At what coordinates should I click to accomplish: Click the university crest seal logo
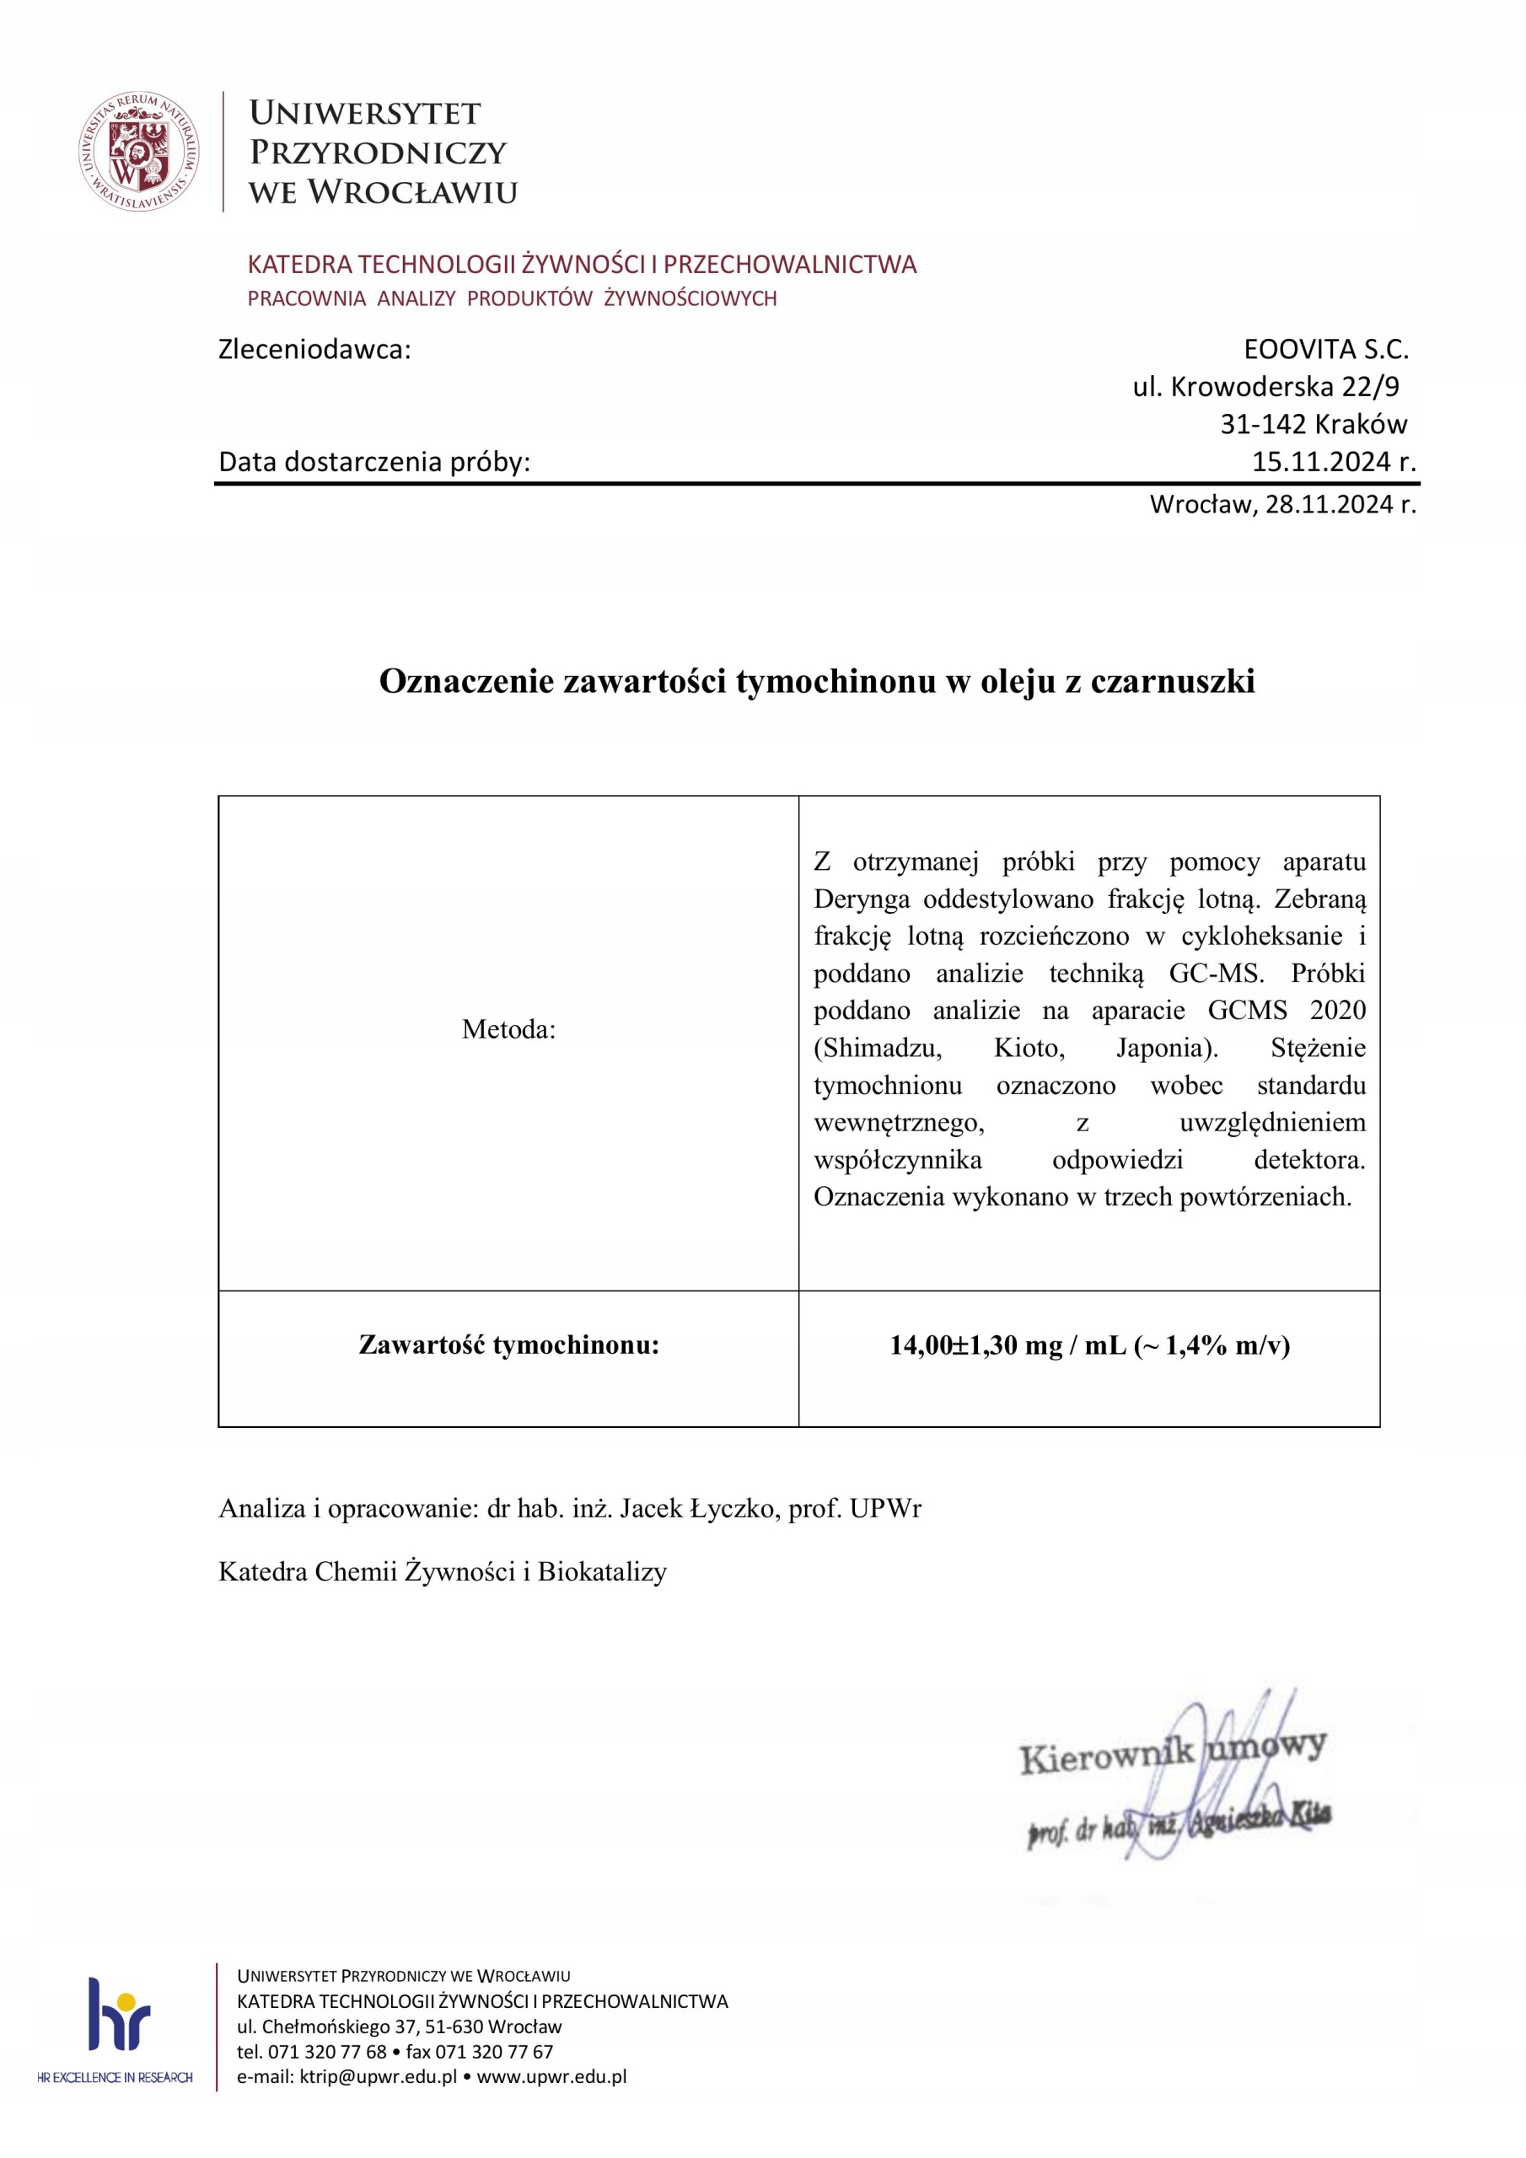139,152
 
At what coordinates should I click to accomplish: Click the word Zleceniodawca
314,350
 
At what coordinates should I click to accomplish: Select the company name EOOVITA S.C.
1325,350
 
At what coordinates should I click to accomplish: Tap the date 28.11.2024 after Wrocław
1330,505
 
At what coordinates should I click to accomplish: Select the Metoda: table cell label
508,1029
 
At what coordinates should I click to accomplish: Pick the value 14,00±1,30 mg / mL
1008,1345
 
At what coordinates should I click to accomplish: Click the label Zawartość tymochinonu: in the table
508,1345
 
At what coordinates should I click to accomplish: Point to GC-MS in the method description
1216,973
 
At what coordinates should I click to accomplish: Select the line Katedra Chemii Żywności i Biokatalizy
443,1571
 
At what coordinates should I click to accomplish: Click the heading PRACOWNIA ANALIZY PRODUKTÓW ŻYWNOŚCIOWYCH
512,299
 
